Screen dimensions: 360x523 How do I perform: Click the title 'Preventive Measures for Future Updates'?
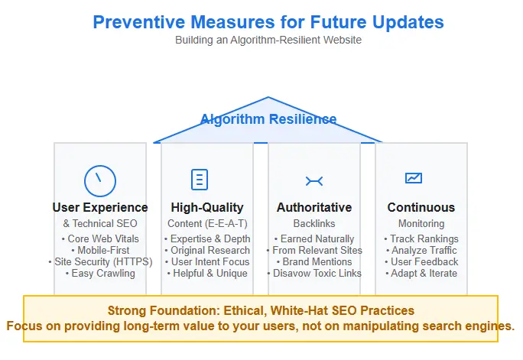click(x=268, y=21)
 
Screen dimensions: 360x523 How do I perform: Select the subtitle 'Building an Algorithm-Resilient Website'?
click(x=268, y=41)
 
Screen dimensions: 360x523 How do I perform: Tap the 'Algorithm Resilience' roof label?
click(x=268, y=119)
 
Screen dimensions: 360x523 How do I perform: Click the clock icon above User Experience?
click(x=99, y=180)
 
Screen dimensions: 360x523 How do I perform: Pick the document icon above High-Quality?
click(x=199, y=180)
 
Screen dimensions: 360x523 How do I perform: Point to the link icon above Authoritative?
click(x=313, y=180)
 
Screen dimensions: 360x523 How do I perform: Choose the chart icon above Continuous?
click(x=413, y=178)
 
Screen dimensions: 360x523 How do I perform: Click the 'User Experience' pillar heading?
click(x=100, y=207)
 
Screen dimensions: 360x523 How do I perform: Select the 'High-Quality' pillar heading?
click(x=207, y=207)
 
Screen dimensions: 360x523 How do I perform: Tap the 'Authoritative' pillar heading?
click(x=314, y=207)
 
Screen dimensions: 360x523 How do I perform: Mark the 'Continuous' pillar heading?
click(x=421, y=207)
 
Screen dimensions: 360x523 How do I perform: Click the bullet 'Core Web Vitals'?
click(x=100, y=239)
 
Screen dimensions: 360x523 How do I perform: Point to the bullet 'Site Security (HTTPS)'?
click(x=100, y=261)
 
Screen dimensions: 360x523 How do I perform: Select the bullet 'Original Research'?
click(x=207, y=251)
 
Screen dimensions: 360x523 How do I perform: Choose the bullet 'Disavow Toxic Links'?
click(x=314, y=273)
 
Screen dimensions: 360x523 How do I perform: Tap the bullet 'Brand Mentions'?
click(x=314, y=261)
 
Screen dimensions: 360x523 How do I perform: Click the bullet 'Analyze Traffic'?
click(x=421, y=251)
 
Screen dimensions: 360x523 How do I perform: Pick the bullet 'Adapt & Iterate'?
click(x=421, y=273)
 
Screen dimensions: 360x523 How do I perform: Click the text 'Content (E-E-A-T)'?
click(x=207, y=223)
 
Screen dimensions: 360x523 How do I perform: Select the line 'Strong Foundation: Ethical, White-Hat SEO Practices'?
click(x=261, y=311)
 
